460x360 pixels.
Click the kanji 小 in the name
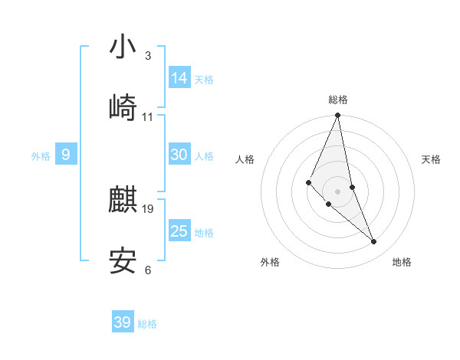[x=123, y=48]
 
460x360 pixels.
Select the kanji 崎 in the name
[x=123, y=108]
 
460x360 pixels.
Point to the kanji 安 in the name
[x=123, y=261]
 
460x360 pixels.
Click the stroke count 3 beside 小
[x=147, y=56]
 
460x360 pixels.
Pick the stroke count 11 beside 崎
[x=148, y=117]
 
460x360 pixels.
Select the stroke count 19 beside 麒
[x=148, y=208]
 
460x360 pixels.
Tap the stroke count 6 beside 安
[x=147, y=270]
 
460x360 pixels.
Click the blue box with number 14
[x=179, y=77]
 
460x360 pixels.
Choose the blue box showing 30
[x=179, y=155]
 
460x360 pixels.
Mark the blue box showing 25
[x=179, y=231]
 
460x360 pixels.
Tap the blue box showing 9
[x=66, y=155]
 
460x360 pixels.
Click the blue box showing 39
[x=122, y=322]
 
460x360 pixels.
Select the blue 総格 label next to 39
[x=147, y=324]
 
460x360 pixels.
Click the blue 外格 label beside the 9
[x=41, y=156]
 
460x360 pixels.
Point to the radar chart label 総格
[x=338, y=100]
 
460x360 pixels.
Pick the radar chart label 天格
[x=431, y=159]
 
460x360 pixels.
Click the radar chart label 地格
[x=402, y=262]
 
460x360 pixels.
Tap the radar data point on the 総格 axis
[x=337, y=116]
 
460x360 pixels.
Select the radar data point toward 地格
[x=374, y=242]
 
